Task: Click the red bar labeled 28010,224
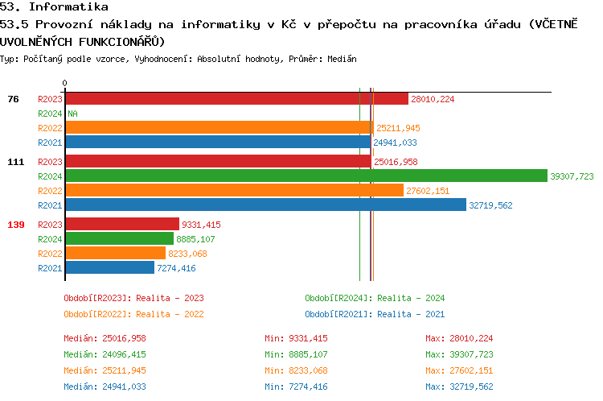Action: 236,99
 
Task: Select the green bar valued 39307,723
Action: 306,176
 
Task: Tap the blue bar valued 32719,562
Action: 265,205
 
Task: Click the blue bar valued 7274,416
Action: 109,267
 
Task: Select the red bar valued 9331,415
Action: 121,224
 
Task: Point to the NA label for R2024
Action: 72,114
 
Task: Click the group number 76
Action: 13,99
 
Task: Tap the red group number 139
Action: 15,224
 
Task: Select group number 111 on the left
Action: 15,161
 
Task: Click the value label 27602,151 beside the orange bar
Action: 428,191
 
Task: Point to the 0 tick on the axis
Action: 64,83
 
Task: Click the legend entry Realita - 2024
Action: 375,298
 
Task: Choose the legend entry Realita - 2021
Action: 375,314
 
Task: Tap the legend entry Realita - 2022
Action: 133,314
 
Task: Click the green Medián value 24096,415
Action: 105,354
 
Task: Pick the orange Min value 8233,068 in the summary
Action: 296,370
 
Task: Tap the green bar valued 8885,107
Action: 119,238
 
